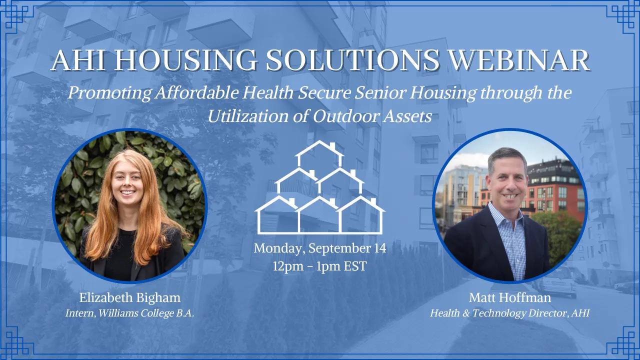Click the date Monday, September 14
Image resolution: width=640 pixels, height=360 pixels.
(320, 248)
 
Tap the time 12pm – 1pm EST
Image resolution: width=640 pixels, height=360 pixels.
(320, 266)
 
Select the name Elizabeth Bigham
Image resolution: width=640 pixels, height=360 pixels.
(129, 298)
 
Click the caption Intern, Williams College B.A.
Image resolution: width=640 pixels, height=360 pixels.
(129, 313)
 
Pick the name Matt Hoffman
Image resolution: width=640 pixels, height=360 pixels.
(509, 298)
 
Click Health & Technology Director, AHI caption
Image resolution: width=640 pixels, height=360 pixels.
(509, 313)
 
